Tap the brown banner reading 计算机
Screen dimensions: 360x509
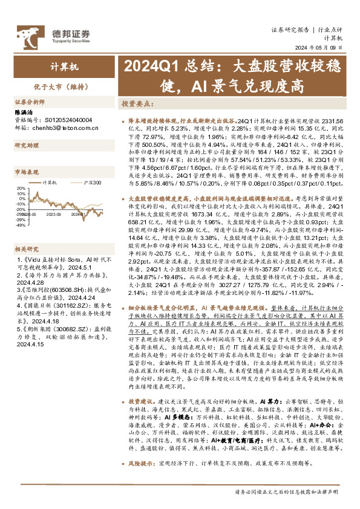click(x=61, y=67)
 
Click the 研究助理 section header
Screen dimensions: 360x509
click(x=26, y=145)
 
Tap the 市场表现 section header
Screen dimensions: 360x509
click(x=26, y=173)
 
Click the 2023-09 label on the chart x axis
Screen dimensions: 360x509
click(x=53, y=213)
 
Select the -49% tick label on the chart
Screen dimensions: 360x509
click(x=20, y=225)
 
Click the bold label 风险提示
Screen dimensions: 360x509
click(x=142, y=479)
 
